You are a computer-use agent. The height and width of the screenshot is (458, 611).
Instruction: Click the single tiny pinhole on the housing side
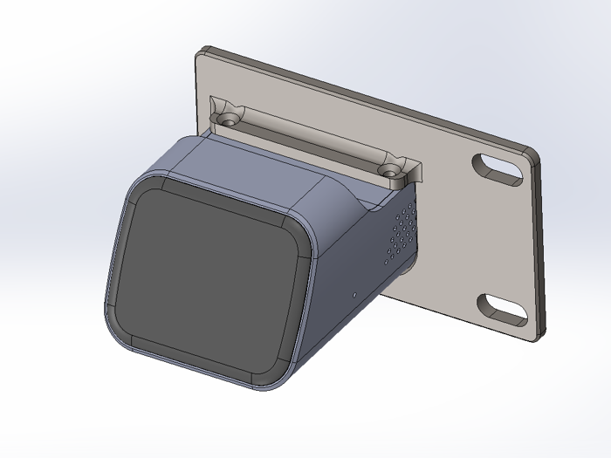point(354,294)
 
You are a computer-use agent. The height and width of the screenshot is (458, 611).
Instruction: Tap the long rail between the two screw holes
point(310,140)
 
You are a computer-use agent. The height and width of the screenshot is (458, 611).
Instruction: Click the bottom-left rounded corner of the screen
point(131,332)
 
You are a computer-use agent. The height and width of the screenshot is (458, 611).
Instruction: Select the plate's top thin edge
point(367,96)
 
